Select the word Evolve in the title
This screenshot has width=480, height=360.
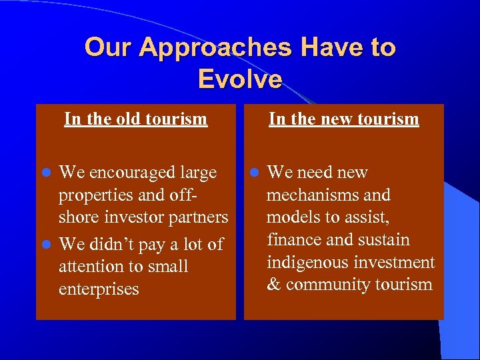point(240,79)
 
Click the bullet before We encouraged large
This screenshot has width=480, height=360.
point(47,173)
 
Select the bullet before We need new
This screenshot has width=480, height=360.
point(255,173)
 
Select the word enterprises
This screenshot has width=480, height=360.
point(99,289)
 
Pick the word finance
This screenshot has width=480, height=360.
point(292,240)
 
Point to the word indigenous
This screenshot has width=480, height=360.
point(307,263)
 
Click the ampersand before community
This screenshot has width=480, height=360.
point(273,285)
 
